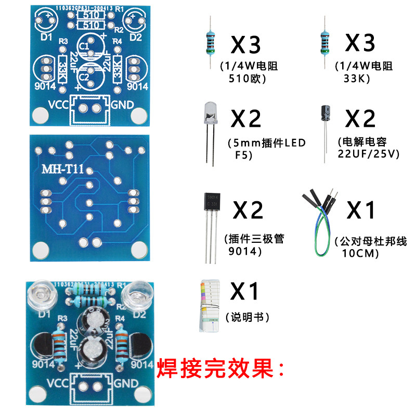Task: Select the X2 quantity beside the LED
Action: click(x=246, y=120)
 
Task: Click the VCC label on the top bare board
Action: click(x=59, y=104)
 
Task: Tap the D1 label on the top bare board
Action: click(x=46, y=37)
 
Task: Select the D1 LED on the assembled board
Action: click(x=41, y=294)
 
